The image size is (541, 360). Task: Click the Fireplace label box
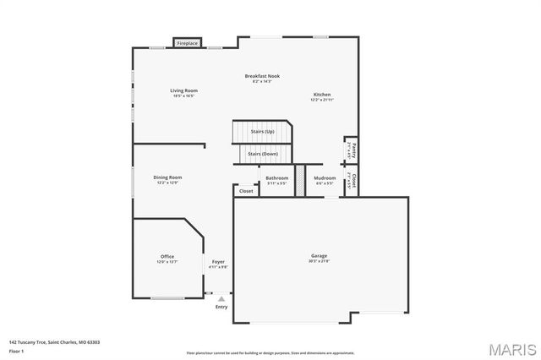187,42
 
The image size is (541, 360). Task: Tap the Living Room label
183,90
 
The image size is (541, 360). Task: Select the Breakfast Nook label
262,76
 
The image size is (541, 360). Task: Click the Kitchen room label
322,95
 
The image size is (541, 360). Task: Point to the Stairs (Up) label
262,132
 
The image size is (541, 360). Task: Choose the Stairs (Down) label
262,154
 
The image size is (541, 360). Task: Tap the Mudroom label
325,178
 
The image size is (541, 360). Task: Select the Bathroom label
277,178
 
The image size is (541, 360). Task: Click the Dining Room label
167,177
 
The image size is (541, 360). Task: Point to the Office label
167,256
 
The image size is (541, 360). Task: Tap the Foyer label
218,262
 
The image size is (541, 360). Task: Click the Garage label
319,255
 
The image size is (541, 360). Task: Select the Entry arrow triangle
221,298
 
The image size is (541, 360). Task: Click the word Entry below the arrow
221,307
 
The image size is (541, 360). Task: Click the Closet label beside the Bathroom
246,191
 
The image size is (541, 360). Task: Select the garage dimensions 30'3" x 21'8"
319,261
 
